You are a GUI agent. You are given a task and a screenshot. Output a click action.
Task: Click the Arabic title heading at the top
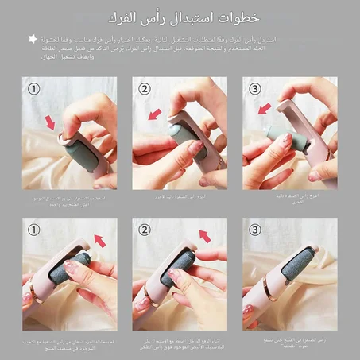(x=180, y=17)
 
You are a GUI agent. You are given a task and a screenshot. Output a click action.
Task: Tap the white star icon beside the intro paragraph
(x=33, y=38)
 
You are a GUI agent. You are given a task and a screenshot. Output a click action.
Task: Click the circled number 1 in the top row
(x=33, y=89)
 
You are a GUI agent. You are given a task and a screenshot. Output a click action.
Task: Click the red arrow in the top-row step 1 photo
(x=52, y=122)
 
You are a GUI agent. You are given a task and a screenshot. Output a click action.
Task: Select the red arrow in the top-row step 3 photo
(x=265, y=107)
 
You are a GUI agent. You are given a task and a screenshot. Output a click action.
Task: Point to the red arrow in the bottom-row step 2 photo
(x=204, y=236)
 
